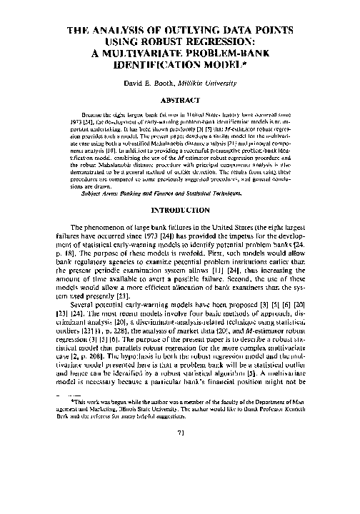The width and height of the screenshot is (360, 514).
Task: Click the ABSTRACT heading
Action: (x=179, y=101)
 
